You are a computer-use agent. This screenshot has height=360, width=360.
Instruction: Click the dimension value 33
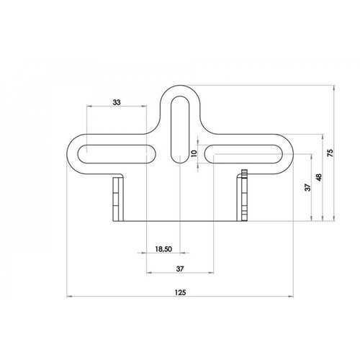point(117,103)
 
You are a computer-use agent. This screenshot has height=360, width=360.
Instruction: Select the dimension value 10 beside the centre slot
point(192,153)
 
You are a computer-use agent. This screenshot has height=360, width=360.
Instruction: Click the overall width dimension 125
point(180,292)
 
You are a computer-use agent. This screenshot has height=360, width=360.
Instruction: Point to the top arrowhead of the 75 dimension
point(336,87)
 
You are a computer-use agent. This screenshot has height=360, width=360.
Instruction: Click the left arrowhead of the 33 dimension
point(89,107)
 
